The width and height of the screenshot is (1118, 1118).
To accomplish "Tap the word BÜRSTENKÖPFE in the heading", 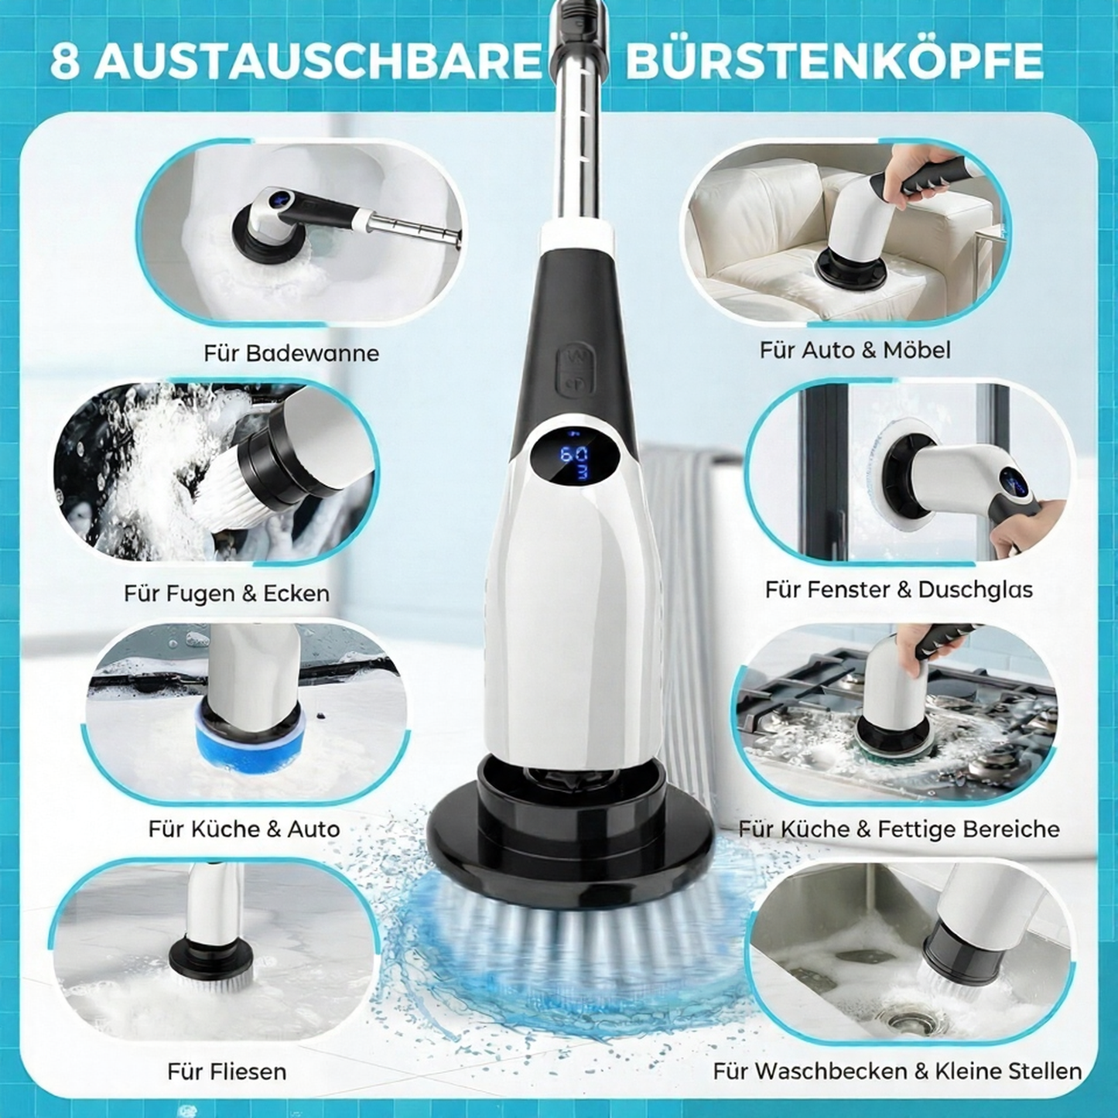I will tap(834, 62).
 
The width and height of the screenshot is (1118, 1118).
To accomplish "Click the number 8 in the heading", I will tap(65, 63).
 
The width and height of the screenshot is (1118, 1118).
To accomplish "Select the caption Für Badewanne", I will tap(291, 354).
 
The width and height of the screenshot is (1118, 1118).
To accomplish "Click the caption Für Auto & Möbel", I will tap(854, 350).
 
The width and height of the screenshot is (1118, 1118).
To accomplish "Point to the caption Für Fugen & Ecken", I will tap(226, 593).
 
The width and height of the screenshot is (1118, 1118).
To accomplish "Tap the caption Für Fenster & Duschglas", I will tap(898, 590).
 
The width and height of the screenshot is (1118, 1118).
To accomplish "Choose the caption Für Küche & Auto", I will tap(244, 829).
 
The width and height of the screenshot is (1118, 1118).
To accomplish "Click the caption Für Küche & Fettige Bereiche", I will tap(898, 829).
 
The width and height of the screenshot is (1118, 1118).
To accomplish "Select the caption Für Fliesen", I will tap(226, 1072).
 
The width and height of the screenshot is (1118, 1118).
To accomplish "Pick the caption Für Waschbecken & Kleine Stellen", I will tap(897, 1072).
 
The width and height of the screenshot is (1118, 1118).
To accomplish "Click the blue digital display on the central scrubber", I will tap(574, 463).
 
